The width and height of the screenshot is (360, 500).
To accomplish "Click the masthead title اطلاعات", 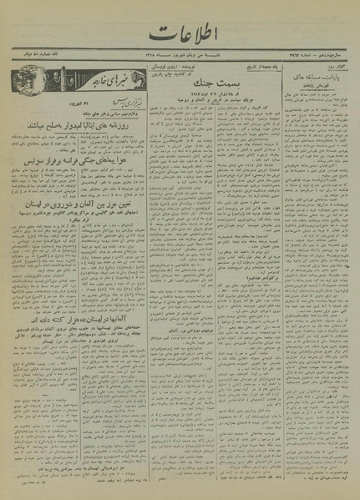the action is coord(179,34).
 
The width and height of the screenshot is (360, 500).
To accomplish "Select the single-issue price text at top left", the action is coord(33,62).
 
